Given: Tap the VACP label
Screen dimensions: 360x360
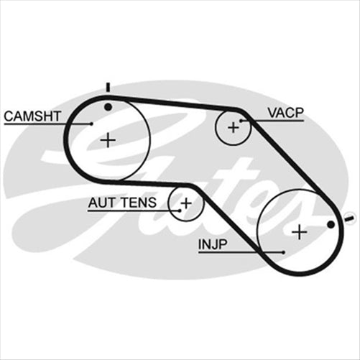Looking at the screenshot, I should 285,113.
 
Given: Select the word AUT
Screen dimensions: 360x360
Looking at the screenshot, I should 101,203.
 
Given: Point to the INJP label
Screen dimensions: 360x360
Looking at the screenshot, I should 213,244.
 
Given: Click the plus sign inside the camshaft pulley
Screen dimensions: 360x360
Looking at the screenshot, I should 108,139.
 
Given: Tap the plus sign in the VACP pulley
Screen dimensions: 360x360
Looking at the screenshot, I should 233,127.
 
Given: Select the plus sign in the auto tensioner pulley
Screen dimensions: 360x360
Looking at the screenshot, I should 186,203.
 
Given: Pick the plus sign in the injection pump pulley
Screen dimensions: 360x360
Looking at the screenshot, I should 300,231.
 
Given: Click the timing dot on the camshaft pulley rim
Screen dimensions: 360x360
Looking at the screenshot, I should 108,106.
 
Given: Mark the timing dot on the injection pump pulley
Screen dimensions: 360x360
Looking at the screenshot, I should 331,225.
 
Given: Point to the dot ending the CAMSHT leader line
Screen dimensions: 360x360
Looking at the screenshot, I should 91,124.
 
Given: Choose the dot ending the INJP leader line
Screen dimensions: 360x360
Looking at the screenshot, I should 285,252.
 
